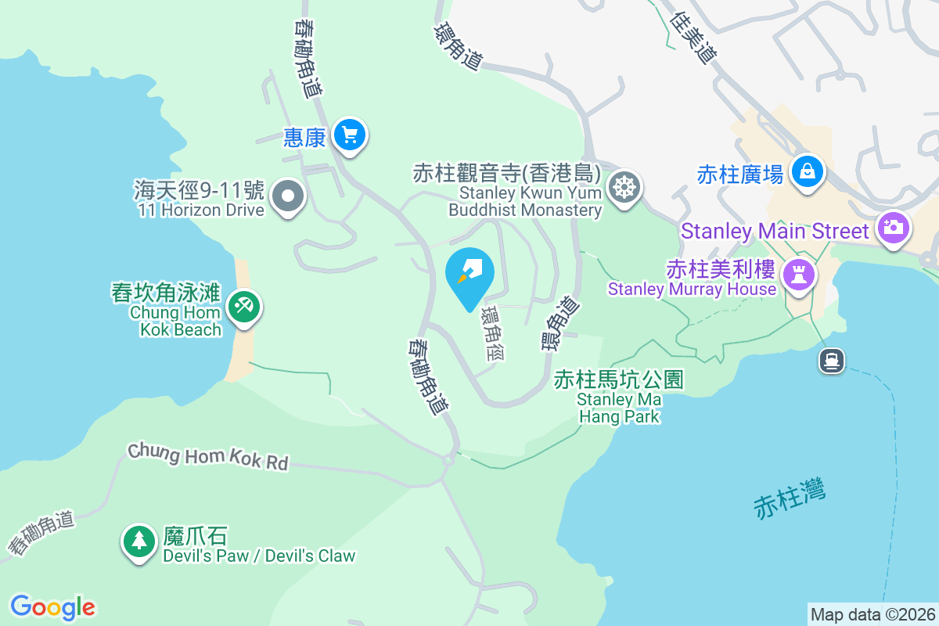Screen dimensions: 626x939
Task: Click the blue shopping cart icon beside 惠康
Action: click(x=349, y=136)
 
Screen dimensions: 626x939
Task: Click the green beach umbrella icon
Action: click(x=244, y=305)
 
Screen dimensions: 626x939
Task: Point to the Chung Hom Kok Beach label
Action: click(x=176, y=321)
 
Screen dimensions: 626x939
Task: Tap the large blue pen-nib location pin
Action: click(x=469, y=274)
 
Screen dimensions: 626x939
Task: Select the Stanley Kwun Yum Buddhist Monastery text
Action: click(x=524, y=201)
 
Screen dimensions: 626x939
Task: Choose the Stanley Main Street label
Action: click(x=775, y=232)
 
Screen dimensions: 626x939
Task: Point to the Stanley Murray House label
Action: click(x=692, y=289)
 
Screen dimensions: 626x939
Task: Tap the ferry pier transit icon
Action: click(x=831, y=360)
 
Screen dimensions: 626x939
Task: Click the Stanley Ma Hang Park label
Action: click(x=619, y=408)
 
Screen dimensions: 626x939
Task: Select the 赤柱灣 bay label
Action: click(x=790, y=498)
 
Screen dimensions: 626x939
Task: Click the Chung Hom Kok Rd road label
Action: click(x=208, y=456)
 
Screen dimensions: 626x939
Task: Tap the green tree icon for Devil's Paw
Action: click(x=139, y=541)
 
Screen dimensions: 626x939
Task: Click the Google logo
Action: click(x=53, y=606)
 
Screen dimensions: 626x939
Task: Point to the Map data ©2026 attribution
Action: click(x=872, y=614)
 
